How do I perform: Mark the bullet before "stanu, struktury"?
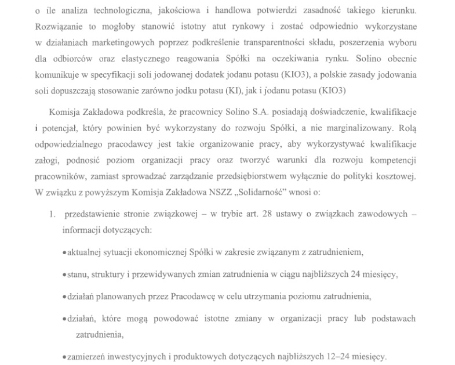[x=64, y=274]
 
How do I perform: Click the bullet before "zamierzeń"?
[x=64, y=357]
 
